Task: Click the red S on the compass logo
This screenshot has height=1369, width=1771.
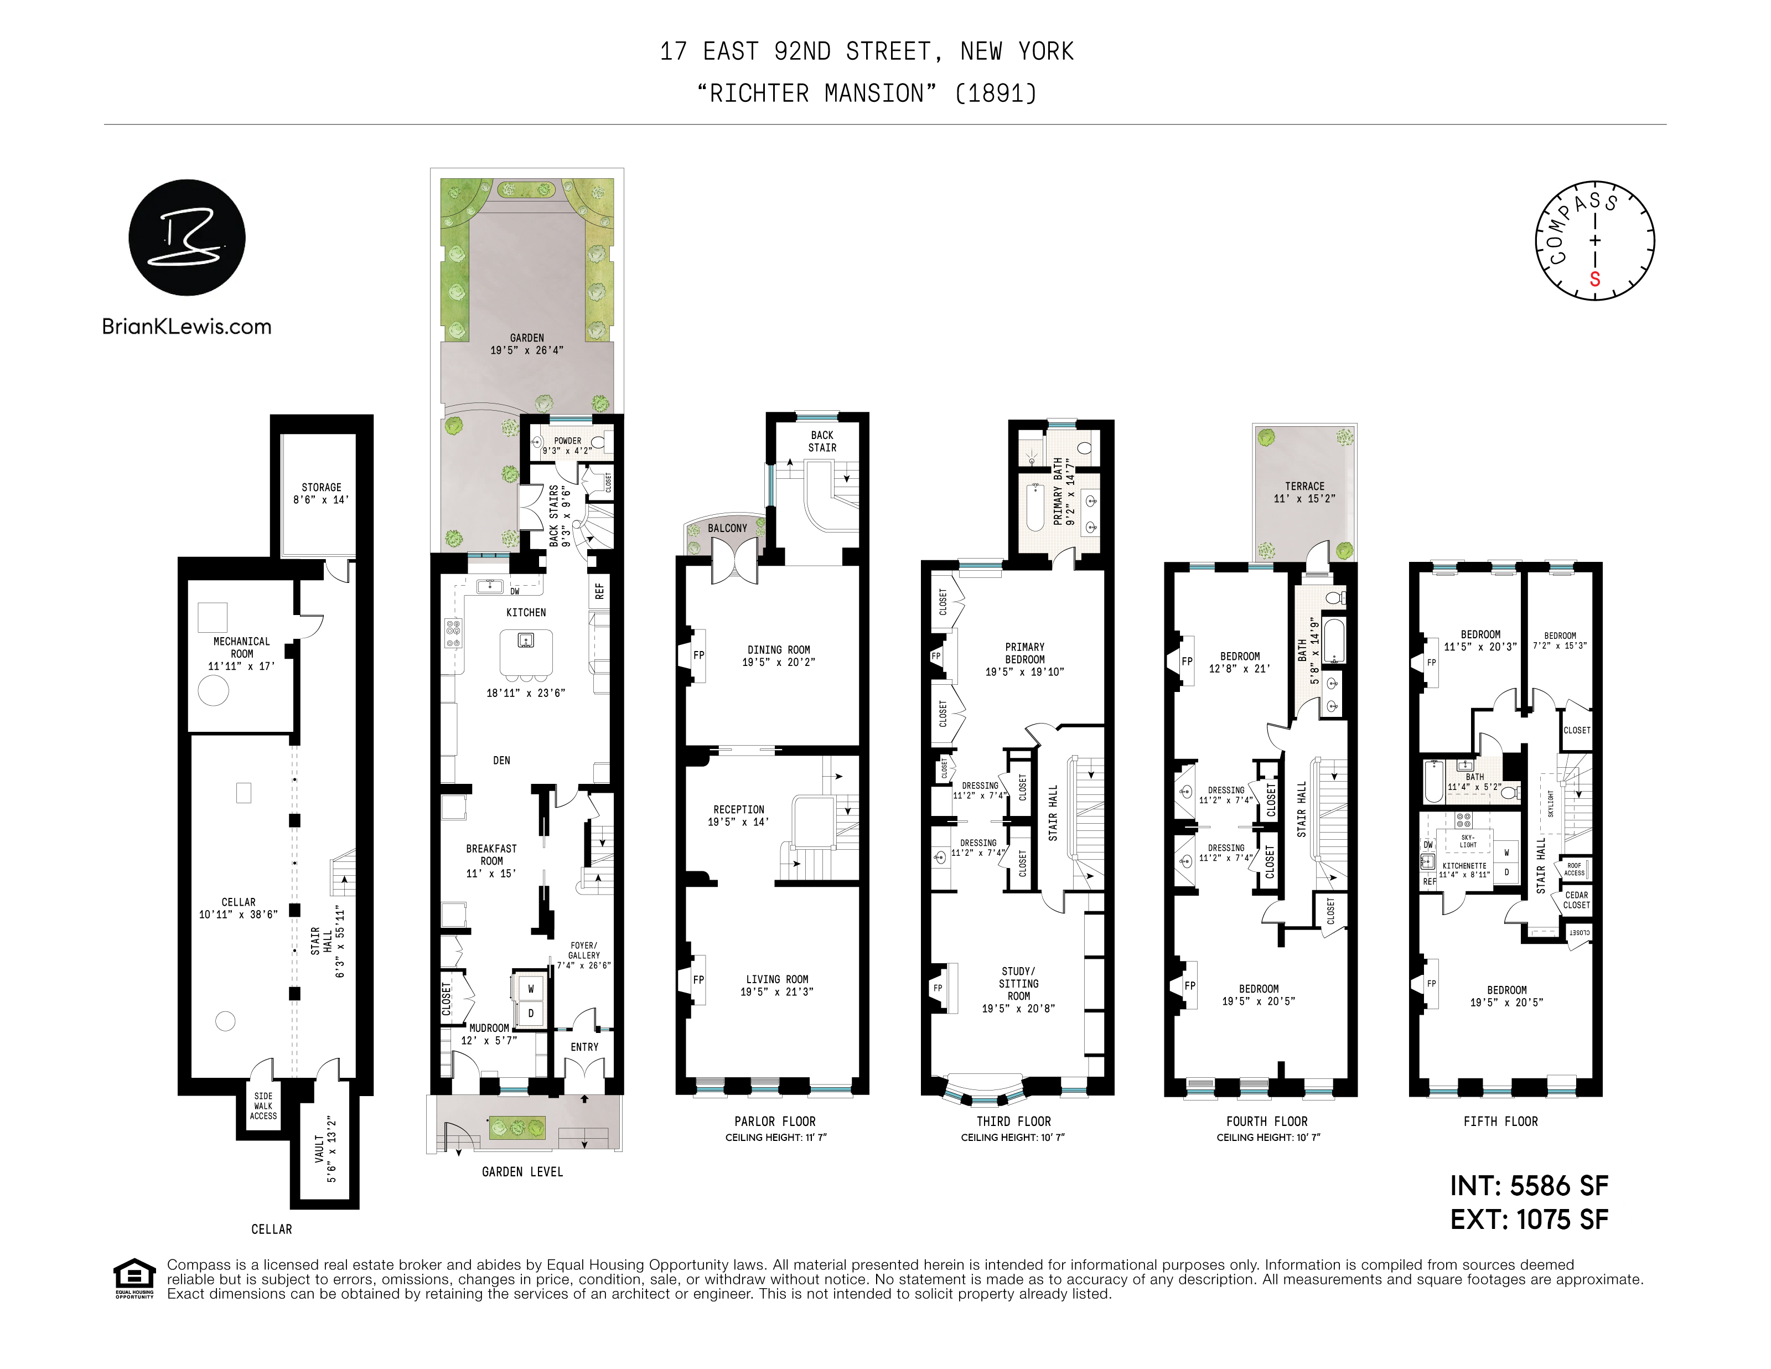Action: [1594, 280]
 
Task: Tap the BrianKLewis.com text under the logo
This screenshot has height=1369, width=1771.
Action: [187, 327]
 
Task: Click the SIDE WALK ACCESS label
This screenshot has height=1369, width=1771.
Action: [263, 1105]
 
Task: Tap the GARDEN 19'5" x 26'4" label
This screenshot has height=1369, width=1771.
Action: [527, 344]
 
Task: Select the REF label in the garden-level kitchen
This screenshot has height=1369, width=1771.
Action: [599, 591]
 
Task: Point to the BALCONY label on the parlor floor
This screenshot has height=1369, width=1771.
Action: [727, 528]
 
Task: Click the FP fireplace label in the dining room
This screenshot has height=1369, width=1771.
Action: [698, 655]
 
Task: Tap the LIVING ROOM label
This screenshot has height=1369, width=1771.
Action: [777, 980]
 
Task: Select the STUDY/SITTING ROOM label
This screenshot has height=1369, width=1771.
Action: [1018, 984]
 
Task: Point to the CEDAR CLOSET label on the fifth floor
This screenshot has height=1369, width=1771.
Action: [1576, 900]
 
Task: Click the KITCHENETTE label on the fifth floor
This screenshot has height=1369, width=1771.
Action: [1464, 866]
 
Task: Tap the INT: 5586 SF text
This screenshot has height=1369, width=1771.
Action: [1529, 1186]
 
